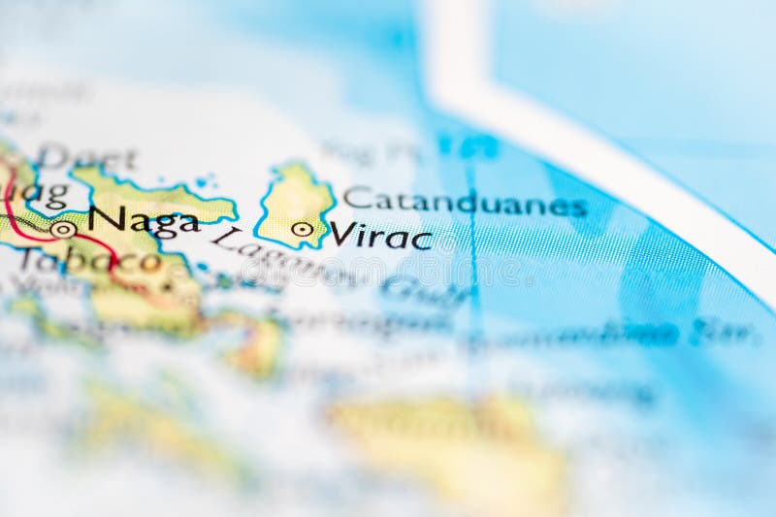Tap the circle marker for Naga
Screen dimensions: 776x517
(x=63, y=230)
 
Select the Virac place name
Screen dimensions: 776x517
(x=380, y=235)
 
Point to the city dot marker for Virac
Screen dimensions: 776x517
(x=303, y=230)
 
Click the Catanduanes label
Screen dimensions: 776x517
(x=465, y=202)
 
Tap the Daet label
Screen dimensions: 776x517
(x=86, y=157)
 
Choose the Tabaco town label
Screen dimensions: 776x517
(x=87, y=260)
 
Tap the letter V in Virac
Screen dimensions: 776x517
(x=340, y=234)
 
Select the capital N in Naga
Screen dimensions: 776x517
(x=104, y=219)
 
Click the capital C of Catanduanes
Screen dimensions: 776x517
(x=357, y=198)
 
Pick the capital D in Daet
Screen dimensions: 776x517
(x=53, y=157)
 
